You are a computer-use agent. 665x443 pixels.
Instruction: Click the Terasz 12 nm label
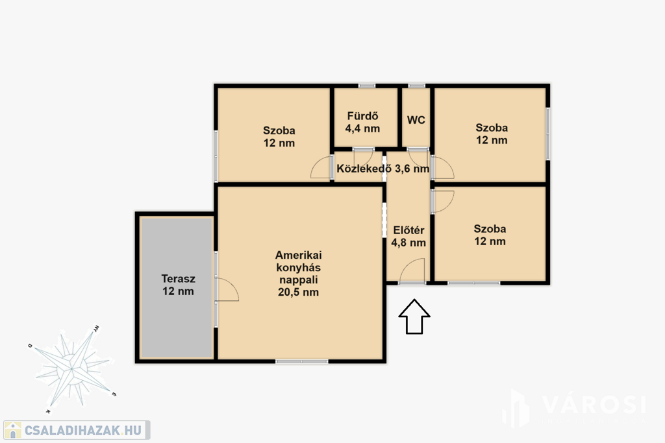(x=178, y=285)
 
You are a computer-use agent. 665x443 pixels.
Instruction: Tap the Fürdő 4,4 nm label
(x=362, y=123)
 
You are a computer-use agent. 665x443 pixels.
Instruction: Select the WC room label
(x=416, y=120)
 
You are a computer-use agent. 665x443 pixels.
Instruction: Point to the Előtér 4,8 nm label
(x=408, y=236)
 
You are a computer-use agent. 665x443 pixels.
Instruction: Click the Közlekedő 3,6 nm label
(x=383, y=169)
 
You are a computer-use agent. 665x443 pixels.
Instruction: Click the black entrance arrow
(x=414, y=317)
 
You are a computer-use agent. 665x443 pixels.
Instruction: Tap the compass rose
(x=72, y=369)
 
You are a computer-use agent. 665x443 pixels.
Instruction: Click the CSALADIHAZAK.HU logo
(x=77, y=430)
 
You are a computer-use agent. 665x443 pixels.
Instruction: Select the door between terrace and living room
(x=227, y=290)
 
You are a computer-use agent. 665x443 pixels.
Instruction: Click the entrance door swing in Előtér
(x=412, y=270)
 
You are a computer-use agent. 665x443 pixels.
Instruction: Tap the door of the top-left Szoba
(x=321, y=167)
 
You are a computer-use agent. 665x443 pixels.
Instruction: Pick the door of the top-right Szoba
(x=443, y=167)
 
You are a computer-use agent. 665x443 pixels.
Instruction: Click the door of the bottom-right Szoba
(x=443, y=202)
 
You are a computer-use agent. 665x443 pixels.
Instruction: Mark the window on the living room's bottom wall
(x=302, y=361)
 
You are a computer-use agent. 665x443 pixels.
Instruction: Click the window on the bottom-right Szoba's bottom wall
(x=474, y=283)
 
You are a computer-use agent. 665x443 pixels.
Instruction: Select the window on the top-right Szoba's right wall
(x=547, y=134)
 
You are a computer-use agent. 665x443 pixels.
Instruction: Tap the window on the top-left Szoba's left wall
(x=216, y=157)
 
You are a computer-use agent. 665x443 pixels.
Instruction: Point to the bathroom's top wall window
(x=367, y=86)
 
